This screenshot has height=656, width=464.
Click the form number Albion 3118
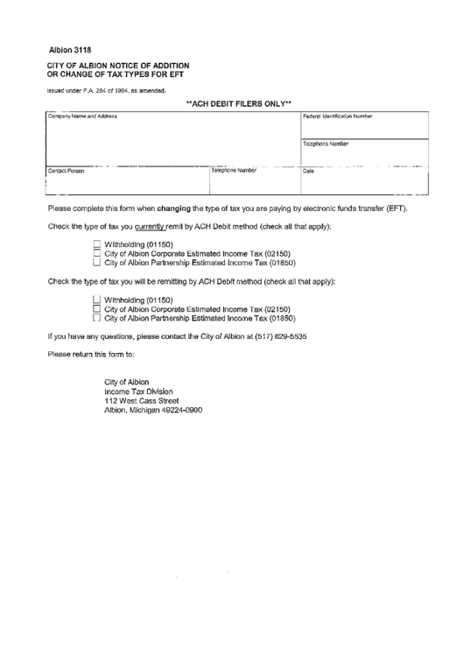point(70,50)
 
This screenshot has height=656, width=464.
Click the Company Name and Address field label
point(81,116)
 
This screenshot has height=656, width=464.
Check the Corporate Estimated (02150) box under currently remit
point(97,253)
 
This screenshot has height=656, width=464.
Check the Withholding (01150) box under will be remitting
point(97,300)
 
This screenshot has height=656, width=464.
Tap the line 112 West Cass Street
point(142,400)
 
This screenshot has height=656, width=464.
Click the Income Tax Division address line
point(138,391)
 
